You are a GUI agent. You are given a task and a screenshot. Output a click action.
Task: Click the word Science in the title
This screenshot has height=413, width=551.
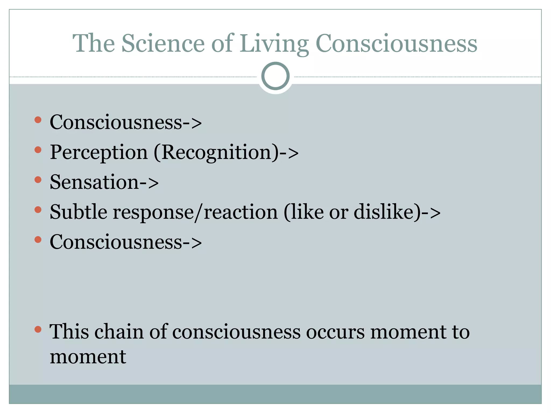point(163,44)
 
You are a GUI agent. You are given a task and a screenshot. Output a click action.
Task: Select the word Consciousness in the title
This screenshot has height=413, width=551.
point(396,44)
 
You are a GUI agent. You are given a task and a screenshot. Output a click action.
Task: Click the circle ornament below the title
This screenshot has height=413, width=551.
point(275,76)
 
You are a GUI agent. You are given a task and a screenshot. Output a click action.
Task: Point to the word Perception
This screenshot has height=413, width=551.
point(99,152)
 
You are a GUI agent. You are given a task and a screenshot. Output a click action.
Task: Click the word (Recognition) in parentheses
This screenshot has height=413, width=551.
point(217,152)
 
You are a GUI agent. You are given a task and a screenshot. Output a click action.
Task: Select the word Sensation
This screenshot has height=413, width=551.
point(94,182)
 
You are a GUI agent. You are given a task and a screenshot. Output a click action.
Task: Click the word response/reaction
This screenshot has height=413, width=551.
point(195,212)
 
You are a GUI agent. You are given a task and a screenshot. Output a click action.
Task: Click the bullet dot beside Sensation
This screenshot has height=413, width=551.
point(38,180)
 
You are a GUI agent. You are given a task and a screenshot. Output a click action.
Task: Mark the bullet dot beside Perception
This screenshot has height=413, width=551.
point(38,149)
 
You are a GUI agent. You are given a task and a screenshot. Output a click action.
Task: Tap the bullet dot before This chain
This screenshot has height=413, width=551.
point(38,329)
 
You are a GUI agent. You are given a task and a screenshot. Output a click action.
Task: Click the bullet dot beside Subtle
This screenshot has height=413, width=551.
point(38,209)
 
